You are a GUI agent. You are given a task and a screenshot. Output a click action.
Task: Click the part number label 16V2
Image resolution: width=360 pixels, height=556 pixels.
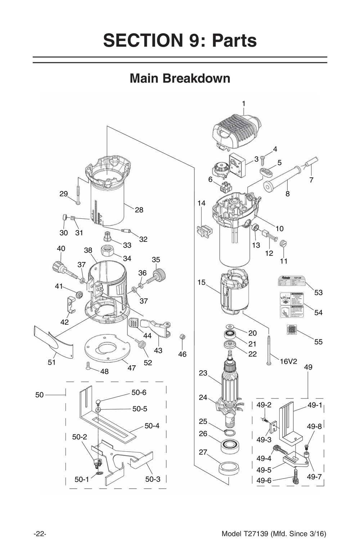(x=288, y=361)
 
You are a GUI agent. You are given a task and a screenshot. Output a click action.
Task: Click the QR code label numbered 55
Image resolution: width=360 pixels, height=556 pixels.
(x=291, y=329)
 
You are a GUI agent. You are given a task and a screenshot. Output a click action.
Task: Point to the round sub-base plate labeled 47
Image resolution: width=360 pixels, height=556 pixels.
(x=107, y=348)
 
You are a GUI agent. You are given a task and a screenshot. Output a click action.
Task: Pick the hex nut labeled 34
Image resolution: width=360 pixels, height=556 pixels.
(x=107, y=250)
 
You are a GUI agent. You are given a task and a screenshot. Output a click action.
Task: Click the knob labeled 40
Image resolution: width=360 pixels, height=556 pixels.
(x=59, y=267)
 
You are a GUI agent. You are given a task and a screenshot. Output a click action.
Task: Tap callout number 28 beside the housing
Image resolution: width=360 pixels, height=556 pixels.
(x=139, y=210)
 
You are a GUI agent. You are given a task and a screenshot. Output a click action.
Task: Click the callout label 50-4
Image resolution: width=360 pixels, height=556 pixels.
(x=152, y=426)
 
